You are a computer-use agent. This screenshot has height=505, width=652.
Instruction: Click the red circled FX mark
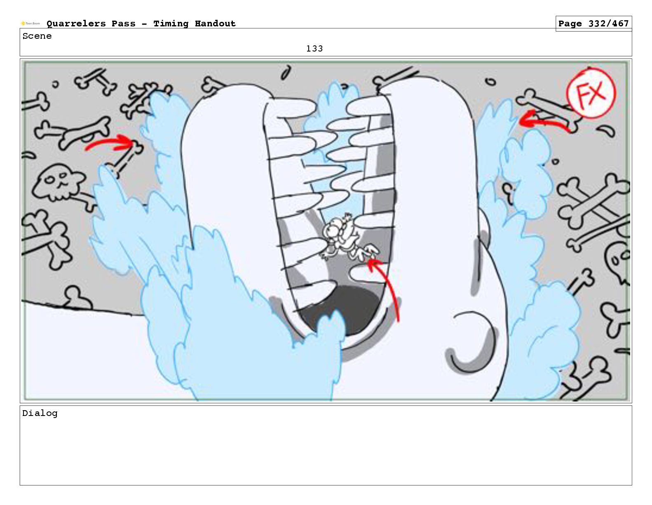591,93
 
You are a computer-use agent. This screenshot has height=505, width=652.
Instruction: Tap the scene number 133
314,49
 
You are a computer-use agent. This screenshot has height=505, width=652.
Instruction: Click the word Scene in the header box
37,36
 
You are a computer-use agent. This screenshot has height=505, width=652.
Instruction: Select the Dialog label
40,413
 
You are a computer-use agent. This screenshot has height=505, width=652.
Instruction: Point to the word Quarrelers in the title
76,23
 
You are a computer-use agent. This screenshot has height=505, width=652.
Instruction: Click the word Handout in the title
215,23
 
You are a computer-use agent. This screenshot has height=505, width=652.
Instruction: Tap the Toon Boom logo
30,23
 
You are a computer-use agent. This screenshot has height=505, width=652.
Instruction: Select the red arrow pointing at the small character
390,285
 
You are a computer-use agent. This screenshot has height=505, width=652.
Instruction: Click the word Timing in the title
171,24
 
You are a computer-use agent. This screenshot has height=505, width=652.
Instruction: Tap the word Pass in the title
123,23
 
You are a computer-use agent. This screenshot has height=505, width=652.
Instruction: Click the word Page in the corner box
570,24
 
